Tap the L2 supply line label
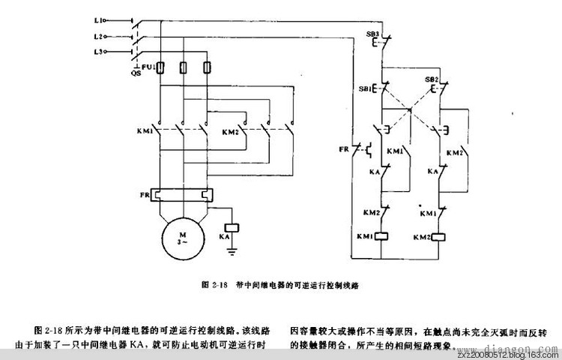click(x=118, y=35)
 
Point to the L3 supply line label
click(x=118, y=52)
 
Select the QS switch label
click(x=136, y=73)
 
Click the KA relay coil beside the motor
click(x=232, y=226)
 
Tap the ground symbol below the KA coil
click(x=232, y=253)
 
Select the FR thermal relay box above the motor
click(x=182, y=196)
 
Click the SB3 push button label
click(x=372, y=35)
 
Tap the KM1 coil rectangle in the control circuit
click(x=382, y=237)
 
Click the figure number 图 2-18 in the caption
click(x=214, y=285)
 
